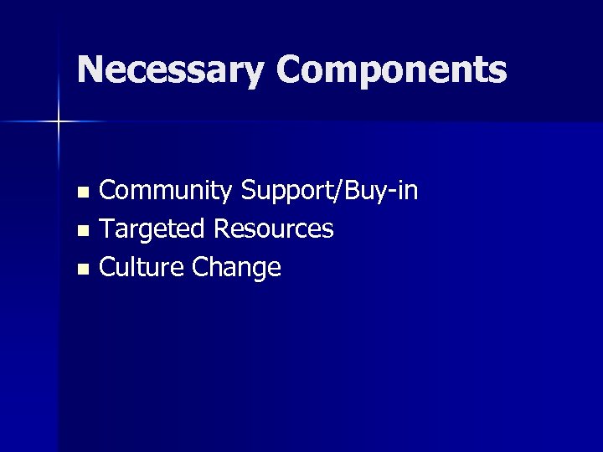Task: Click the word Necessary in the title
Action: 170,70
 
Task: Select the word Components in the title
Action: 390,70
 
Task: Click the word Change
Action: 236,268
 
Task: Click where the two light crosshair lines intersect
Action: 59,122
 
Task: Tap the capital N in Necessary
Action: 90,69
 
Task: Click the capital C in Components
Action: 287,69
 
